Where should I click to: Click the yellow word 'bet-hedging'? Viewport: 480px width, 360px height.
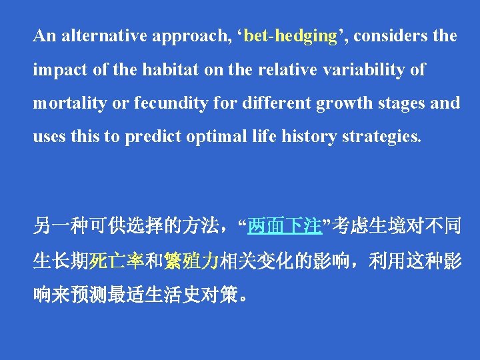click(291, 36)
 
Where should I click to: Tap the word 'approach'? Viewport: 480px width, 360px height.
click(188, 36)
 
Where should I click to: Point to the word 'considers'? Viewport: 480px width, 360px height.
click(390, 36)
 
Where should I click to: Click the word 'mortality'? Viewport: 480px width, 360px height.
click(63, 103)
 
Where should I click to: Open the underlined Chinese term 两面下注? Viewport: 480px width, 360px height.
click(285, 228)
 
